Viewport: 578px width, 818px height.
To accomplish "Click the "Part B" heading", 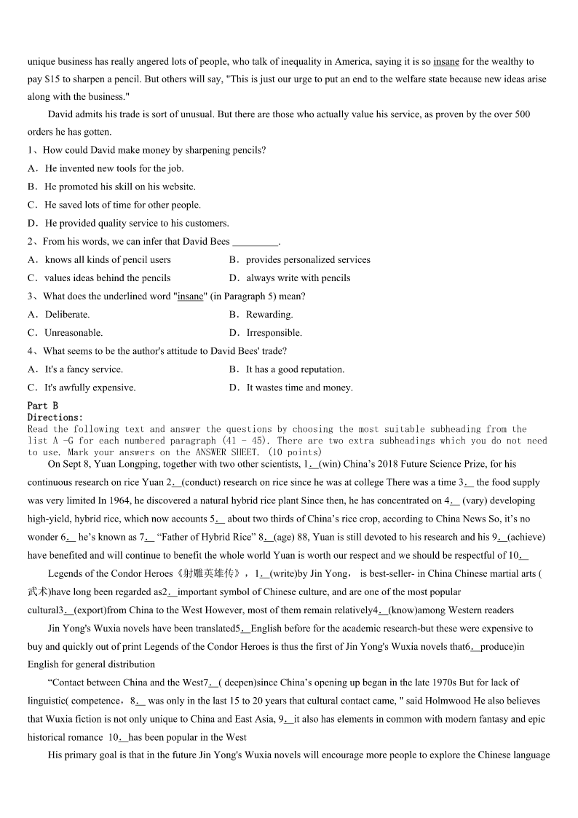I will (43, 406).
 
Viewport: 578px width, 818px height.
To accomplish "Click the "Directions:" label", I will (55, 417).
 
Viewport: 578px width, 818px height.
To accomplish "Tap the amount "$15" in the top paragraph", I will (53, 79).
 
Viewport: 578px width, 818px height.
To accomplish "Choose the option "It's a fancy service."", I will (84, 369).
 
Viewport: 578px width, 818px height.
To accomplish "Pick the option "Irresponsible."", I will (274, 333).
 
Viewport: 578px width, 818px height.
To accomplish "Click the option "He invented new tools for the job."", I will (114, 168).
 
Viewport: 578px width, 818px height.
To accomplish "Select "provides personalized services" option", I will (308, 260).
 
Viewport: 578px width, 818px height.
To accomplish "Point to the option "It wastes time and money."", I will (299, 388).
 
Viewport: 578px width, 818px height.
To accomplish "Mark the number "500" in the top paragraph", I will (522, 114).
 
